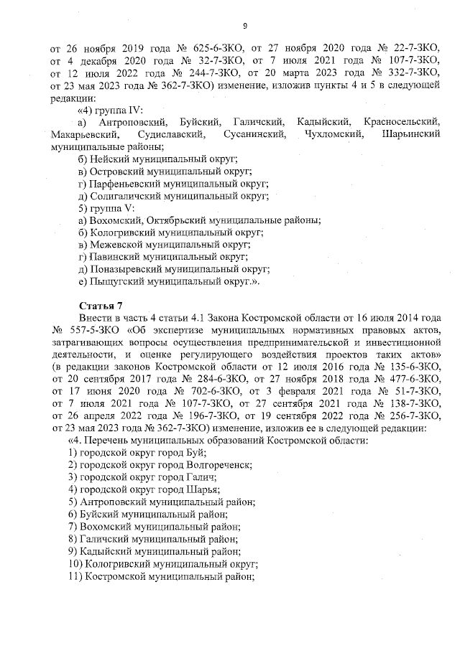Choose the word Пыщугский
pos(116,281)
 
